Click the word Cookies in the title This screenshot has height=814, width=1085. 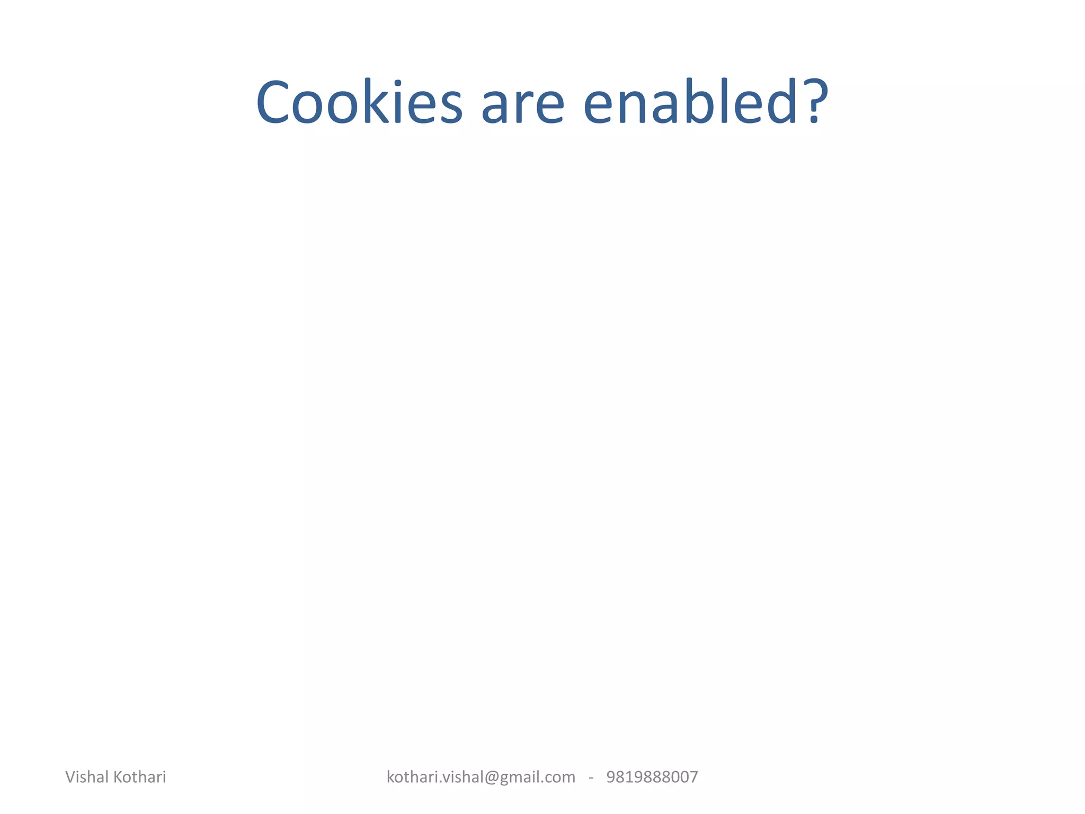pos(359,103)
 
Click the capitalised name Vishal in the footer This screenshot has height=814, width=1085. pos(87,777)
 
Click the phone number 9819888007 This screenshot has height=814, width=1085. pos(652,777)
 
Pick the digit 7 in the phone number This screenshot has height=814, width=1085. pos(693,777)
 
